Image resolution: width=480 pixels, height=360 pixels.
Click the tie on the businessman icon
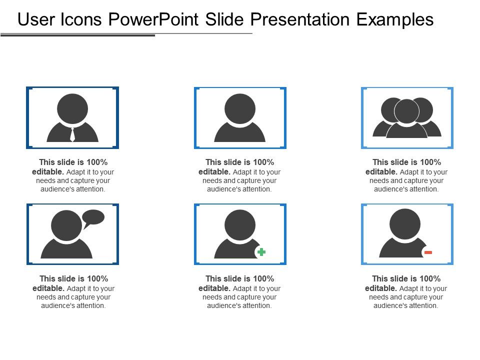point(72,134)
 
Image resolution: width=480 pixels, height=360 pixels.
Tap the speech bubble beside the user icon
point(93,217)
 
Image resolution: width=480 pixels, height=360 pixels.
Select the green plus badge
point(261,252)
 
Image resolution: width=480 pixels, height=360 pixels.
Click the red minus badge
point(428,252)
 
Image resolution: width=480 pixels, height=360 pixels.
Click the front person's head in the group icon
point(406,111)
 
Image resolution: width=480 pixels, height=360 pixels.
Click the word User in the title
point(35,19)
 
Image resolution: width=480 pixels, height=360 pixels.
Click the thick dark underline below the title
point(77,35)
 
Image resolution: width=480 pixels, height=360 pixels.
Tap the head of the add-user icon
point(240,225)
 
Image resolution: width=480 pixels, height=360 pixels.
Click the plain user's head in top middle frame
point(240,108)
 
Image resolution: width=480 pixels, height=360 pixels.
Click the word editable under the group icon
point(380,171)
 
